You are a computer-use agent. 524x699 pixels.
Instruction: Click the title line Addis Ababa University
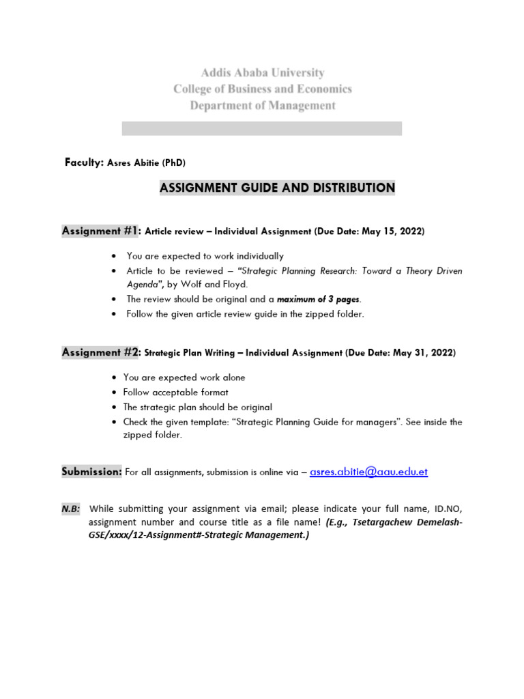tap(262, 72)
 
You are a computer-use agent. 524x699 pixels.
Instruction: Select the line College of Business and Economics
tap(262, 89)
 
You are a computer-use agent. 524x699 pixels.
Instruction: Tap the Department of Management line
tap(262, 106)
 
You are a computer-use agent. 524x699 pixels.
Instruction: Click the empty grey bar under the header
tap(262, 128)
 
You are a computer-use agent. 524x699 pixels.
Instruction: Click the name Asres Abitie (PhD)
tap(146, 163)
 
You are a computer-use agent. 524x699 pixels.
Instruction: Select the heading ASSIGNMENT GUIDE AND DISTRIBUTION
tap(277, 188)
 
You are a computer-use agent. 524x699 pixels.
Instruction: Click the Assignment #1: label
tap(102, 231)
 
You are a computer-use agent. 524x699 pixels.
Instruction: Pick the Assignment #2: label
tap(102, 352)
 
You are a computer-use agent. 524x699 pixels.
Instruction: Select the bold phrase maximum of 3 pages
tap(318, 299)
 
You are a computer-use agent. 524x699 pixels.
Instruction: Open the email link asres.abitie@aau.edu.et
tap(368, 472)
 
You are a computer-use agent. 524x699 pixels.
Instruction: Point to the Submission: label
tap(92, 472)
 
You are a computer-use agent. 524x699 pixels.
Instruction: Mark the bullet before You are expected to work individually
tap(113, 256)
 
